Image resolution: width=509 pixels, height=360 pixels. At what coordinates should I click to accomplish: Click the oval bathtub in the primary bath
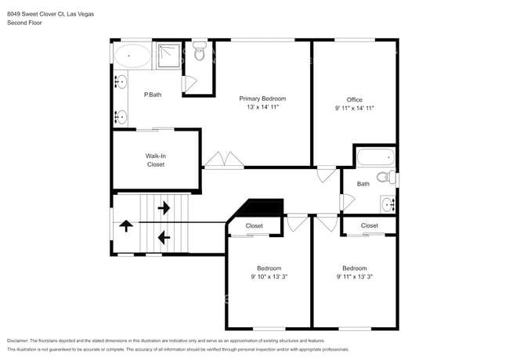132,56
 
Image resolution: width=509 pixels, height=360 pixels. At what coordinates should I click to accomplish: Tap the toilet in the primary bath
199,52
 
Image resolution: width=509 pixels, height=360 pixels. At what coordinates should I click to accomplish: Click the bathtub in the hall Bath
375,157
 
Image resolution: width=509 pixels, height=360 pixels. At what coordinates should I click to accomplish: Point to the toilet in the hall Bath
385,178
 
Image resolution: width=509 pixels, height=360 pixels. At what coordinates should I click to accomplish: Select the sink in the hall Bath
388,204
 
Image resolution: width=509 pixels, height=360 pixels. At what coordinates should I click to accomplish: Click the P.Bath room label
153,95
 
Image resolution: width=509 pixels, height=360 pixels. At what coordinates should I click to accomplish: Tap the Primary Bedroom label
262,99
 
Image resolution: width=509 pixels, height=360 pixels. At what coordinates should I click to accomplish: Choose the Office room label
355,99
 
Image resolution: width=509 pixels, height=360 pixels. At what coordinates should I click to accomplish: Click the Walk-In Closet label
155,160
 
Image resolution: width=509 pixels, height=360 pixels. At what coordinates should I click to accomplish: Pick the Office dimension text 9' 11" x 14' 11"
355,109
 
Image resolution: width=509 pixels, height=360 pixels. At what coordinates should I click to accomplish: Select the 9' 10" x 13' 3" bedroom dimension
269,276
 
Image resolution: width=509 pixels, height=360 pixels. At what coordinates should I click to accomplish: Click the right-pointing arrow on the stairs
164,208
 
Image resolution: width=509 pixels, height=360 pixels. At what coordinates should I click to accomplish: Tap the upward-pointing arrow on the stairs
125,228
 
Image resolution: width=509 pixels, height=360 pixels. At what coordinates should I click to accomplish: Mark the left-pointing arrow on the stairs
164,236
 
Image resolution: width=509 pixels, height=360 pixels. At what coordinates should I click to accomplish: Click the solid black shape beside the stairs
261,208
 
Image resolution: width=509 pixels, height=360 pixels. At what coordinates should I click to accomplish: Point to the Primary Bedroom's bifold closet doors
225,160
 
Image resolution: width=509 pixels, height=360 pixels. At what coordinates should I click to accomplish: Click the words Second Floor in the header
24,23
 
